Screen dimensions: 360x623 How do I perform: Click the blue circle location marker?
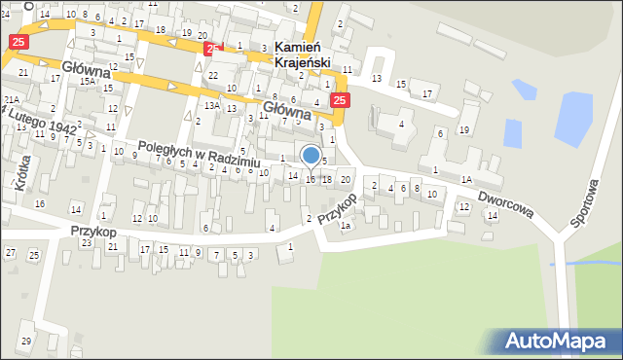pyautogui.click(x=311, y=155)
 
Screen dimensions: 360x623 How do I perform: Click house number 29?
pyautogui.click(x=26, y=341)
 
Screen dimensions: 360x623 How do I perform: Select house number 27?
pyautogui.click(x=10, y=253)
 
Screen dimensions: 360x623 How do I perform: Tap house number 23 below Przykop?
pyautogui.click(x=86, y=243)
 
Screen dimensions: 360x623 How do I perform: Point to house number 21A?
pyautogui.click(x=11, y=100)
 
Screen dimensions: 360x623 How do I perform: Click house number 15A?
pyautogui.click(x=88, y=82)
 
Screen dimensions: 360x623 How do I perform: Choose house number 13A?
pyautogui.click(x=211, y=105)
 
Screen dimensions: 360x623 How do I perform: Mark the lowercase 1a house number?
pyautogui.click(x=345, y=227)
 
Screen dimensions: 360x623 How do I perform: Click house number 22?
pyautogui.click(x=213, y=75)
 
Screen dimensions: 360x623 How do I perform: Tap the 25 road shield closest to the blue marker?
pyautogui.click(x=339, y=100)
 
